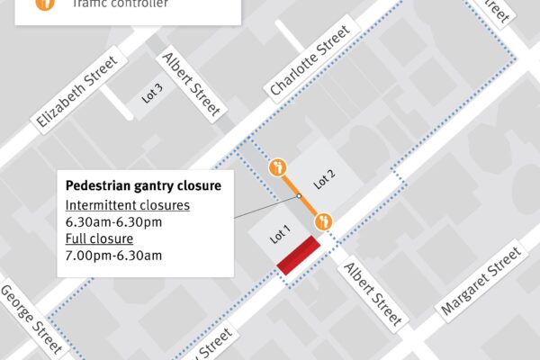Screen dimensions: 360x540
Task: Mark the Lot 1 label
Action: point(280,236)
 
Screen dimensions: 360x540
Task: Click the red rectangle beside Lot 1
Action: point(299,256)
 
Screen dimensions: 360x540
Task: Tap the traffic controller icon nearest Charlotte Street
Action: point(277,166)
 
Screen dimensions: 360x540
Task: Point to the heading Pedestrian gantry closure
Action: point(143,185)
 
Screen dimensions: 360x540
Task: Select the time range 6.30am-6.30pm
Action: point(113,221)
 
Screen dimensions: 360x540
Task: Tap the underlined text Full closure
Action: point(99,238)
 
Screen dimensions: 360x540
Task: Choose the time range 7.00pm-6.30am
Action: point(113,256)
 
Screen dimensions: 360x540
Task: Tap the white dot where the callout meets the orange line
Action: point(297,194)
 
